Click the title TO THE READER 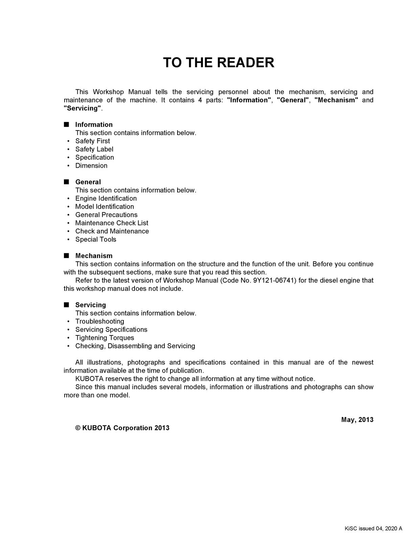(x=218, y=63)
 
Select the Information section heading (x=94, y=124)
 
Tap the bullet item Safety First (x=92, y=141)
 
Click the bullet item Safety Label (x=94, y=149)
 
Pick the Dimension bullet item (x=91, y=166)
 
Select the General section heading (x=88, y=182)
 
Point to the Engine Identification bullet (x=106, y=198)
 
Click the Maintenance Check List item (x=112, y=223)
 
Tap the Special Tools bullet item (x=96, y=239)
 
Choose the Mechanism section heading (x=94, y=256)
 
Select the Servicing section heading (x=90, y=305)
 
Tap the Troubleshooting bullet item (x=99, y=322)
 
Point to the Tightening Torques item (x=104, y=338)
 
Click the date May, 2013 (x=357, y=420)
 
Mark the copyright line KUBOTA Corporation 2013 (x=122, y=428)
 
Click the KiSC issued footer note (x=373, y=529)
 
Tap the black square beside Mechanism (x=66, y=256)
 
